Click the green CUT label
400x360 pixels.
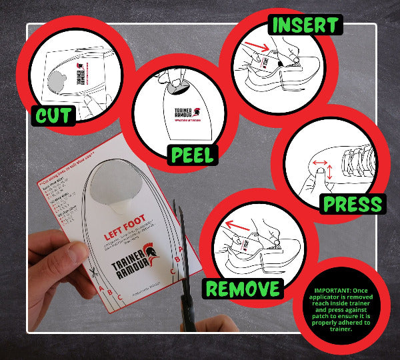point(54,115)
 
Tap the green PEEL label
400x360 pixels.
point(192,155)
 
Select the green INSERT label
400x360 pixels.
point(304,25)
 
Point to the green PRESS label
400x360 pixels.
point(352,203)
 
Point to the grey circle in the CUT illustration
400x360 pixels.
point(55,81)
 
